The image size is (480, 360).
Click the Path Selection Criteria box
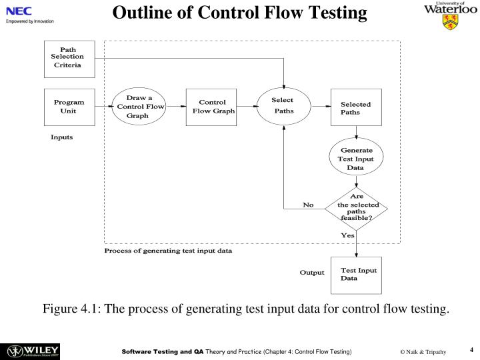tap(69, 59)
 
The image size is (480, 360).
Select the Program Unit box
tap(69, 107)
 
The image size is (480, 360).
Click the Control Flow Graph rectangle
tap(211, 107)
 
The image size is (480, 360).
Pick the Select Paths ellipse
tap(285, 106)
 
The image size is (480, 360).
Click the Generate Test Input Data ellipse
tap(356, 159)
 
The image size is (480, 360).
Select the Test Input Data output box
tap(356, 274)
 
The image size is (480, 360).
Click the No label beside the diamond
tap(308, 205)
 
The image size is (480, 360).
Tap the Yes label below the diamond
tap(347, 235)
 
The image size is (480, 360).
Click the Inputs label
tap(62, 137)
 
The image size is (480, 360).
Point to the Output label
tap(311, 273)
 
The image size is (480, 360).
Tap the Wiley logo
tap(33, 351)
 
